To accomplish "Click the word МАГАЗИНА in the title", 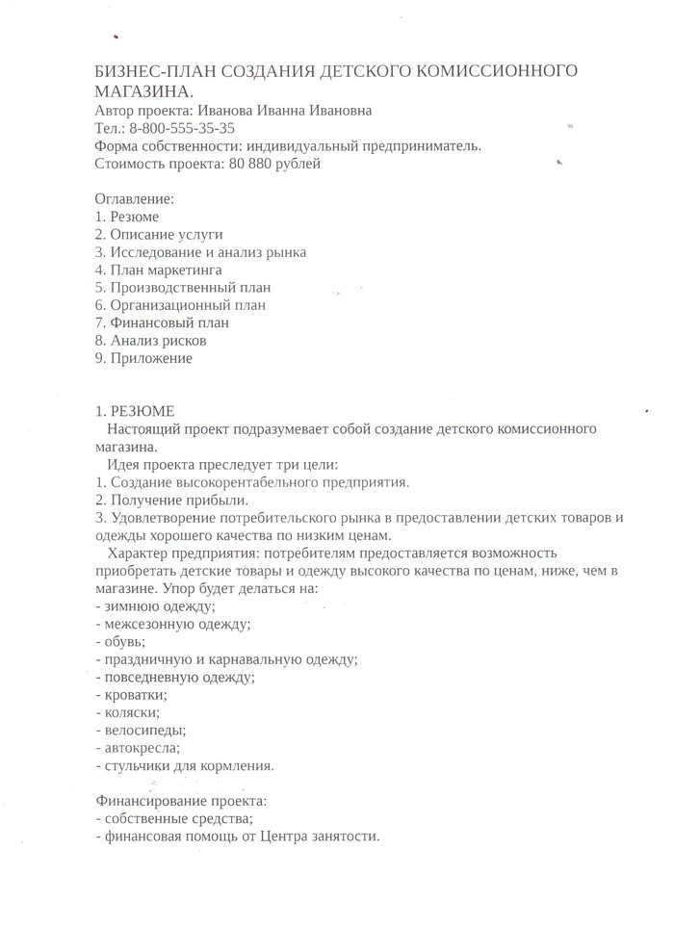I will coord(143,90).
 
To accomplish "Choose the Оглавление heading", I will coord(135,199).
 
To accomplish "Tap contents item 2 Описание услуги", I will coord(159,234).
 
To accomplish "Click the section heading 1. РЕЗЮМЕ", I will coord(135,411).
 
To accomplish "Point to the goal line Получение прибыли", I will coord(172,500).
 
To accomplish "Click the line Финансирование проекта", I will coord(181,801).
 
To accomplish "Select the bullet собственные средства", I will coord(174,818).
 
